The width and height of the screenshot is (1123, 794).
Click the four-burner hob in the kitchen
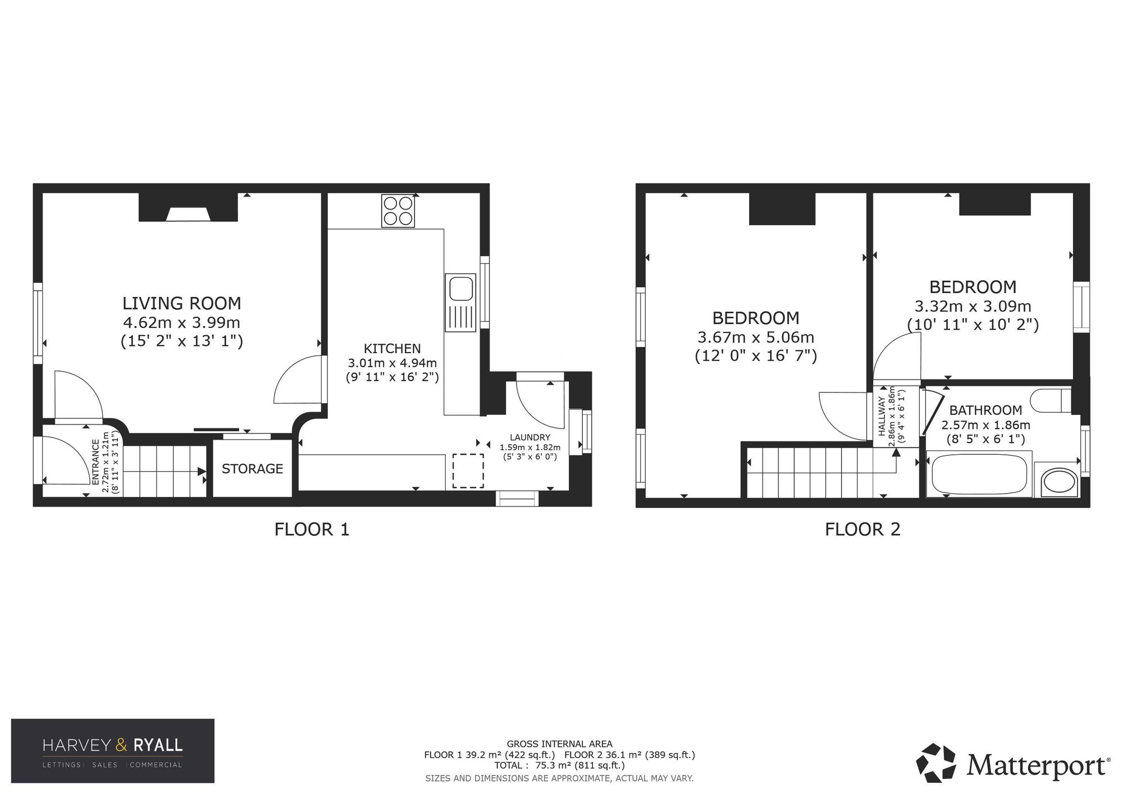(x=398, y=211)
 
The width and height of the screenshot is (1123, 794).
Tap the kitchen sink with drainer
(x=460, y=302)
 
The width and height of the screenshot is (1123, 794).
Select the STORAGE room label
(x=252, y=468)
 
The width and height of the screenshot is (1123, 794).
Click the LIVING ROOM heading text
(x=181, y=303)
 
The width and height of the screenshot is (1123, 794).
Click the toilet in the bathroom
(x=1052, y=400)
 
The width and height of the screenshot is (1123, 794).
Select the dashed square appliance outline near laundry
(x=468, y=471)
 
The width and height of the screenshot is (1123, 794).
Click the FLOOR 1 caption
(x=312, y=529)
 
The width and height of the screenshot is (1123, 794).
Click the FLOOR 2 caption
(x=862, y=529)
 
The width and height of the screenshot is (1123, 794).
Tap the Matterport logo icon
(x=936, y=763)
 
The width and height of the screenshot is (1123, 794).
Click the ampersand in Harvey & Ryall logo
(x=122, y=745)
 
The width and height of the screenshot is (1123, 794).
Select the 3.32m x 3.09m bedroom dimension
(x=973, y=307)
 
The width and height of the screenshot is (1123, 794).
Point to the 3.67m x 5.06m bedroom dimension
(x=755, y=337)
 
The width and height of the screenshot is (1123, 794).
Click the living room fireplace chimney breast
(x=188, y=207)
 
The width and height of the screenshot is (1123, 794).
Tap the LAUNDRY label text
(x=530, y=437)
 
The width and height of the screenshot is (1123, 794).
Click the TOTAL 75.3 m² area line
(x=559, y=765)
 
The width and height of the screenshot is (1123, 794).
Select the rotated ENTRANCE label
(x=95, y=462)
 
